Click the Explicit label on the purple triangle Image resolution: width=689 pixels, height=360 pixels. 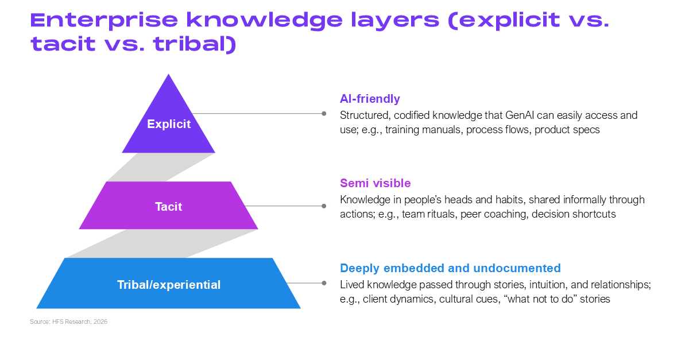coord(169,124)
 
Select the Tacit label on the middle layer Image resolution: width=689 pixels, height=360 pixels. coord(169,206)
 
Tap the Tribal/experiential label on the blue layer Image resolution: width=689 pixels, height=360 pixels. coord(169,284)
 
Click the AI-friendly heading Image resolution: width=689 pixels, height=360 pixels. coord(370,99)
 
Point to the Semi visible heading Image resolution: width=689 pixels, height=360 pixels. coord(376,183)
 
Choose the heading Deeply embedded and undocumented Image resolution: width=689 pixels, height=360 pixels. coord(450,268)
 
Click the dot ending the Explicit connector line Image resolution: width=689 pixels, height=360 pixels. coord(324,114)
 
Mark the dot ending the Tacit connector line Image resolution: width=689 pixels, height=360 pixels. coord(324,206)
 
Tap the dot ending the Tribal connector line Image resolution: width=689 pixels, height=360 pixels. coord(324,283)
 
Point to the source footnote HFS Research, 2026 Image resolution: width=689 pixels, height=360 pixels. coord(68,322)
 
